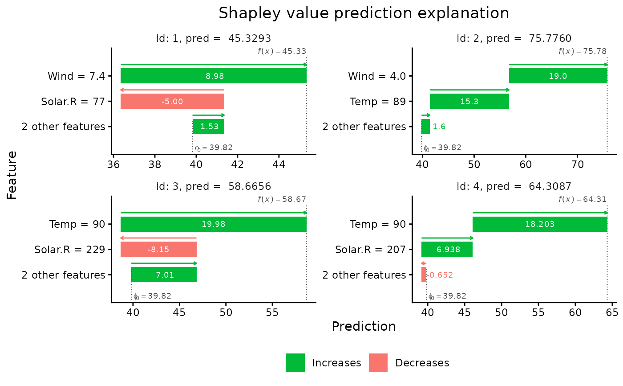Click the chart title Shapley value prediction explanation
364,13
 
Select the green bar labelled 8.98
214,76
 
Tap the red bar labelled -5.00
172,101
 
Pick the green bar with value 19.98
214,224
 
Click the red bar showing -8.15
158,250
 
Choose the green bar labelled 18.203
540,224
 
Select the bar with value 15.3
469,101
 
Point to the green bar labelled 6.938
447,250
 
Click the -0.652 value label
440,275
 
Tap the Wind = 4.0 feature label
377,76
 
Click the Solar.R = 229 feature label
70,250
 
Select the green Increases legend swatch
295,363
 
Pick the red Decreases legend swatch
378,363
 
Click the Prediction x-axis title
364,327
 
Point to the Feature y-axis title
12,175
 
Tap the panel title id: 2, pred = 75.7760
514,38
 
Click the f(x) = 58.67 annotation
282,199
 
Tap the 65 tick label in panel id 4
612,312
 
